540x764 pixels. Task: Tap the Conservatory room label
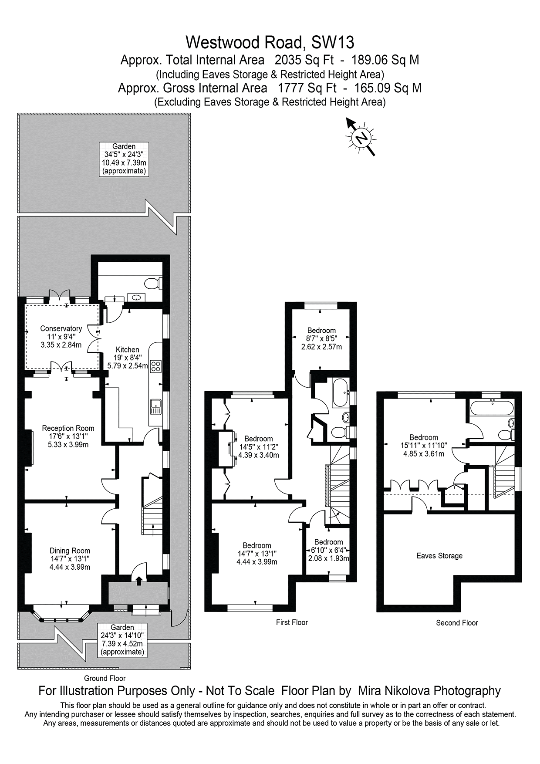tap(61, 337)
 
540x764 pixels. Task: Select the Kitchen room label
tap(127, 357)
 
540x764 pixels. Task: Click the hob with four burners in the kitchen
tap(155, 366)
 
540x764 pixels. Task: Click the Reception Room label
tap(68, 436)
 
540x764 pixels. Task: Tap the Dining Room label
tap(70, 558)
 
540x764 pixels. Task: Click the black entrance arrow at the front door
tap(139, 581)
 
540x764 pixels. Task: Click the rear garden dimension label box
tap(124, 159)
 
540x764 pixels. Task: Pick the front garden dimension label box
tap(122, 639)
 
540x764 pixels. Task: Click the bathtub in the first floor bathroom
tap(340, 393)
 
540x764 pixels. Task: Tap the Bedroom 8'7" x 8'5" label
tap(321, 338)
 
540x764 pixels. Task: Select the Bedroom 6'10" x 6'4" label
tap(329, 550)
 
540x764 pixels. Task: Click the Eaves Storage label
tap(439, 556)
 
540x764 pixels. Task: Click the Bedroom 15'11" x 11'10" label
tap(423, 445)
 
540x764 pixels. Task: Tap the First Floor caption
tap(292, 622)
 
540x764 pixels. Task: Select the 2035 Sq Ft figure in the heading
tap(306, 60)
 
